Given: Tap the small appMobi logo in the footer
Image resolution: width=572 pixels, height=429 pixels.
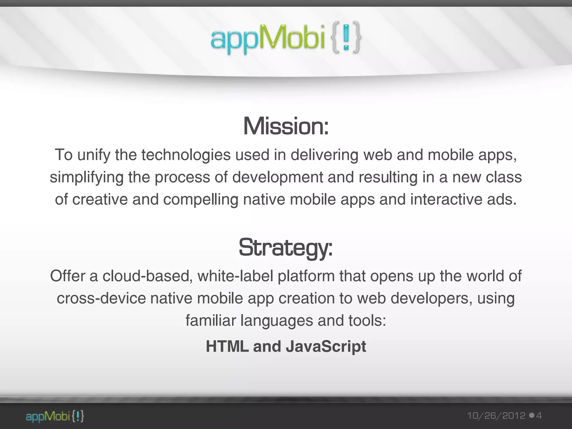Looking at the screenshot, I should tap(55, 416).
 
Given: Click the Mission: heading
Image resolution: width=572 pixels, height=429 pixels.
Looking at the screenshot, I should tap(286, 127).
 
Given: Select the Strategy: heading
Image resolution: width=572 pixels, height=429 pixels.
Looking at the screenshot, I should tap(286, 247).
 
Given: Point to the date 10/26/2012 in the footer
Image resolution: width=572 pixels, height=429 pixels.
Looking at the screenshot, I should tap(496, 416).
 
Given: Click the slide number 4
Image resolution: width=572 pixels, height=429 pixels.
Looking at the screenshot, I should tap(539, 416).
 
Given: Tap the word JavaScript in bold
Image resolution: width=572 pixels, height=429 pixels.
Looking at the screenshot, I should tap(326, 346).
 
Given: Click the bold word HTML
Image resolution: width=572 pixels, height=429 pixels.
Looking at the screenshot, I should tap(227, 346).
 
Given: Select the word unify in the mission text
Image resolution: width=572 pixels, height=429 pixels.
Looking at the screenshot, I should tap(94, 155).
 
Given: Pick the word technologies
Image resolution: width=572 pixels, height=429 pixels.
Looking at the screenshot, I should tap(186, 155).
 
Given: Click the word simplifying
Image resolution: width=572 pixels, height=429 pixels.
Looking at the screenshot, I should tap(87, 177).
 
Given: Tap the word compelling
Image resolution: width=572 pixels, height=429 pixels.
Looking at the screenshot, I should tap(201, 199).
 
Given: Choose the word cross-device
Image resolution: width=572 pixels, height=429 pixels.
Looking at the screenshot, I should tap(101, 298).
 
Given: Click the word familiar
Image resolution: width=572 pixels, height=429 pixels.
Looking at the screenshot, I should tap(211, 320).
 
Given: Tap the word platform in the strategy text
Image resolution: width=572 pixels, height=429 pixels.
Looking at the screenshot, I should tap(306, 276).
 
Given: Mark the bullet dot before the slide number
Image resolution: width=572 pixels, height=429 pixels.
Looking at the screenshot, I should tap(532, 416).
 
